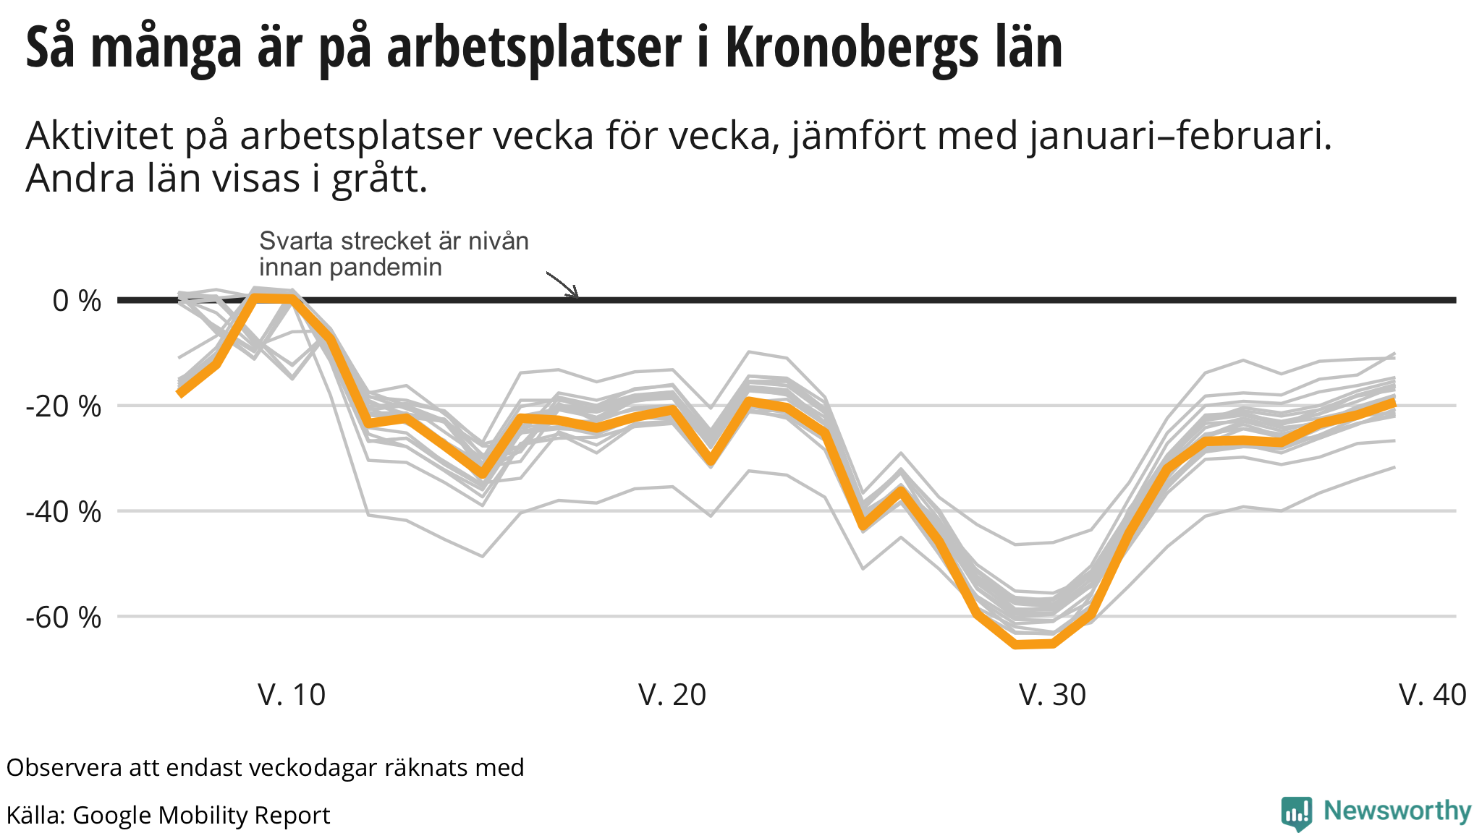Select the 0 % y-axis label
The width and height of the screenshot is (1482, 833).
77,301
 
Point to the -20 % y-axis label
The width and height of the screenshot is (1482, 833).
64,406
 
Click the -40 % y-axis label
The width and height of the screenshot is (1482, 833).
64,512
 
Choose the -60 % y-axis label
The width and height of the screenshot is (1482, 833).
64,618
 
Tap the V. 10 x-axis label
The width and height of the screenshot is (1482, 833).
292,695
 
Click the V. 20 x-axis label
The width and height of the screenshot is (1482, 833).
672,695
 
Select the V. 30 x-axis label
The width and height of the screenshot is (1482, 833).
1052,695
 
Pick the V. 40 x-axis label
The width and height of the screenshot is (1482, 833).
1433,695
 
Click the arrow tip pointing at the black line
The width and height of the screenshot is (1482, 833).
577,296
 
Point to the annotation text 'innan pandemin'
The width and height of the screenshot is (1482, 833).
350,268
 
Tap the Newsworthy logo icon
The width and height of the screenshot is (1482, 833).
1296,813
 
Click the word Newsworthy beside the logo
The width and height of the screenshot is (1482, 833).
1397,811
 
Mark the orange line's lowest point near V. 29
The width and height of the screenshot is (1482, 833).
1017,644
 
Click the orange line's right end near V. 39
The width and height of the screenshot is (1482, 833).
1393,403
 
